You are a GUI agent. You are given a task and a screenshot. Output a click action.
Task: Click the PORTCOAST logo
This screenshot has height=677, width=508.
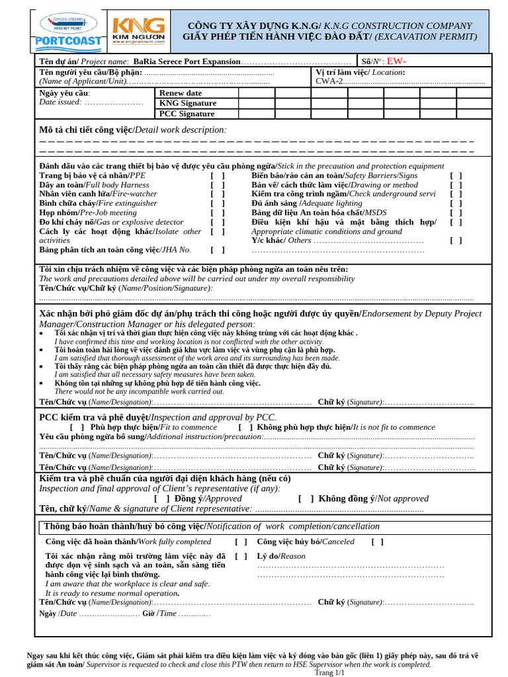[67, 30]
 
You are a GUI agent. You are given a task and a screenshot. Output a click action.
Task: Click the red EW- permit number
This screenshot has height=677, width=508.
[397, 61]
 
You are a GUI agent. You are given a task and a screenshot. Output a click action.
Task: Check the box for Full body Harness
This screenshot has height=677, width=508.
[218, 185]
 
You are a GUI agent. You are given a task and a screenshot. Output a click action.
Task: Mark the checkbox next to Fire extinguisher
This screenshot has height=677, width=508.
[218, 204]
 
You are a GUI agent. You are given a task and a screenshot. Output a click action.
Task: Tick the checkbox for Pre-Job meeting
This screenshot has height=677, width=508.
[218, 213]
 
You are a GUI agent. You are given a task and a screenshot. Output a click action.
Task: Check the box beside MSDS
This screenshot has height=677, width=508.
[456, 213]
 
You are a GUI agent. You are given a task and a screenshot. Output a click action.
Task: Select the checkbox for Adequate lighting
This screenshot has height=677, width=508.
[456, 204]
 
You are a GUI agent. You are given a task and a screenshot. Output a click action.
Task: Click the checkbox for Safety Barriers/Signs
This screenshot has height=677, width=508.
[456, 176]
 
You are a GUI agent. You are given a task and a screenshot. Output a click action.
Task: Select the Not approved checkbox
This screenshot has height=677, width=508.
[306, 498]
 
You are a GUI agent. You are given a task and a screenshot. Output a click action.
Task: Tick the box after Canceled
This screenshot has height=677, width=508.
[377, 541]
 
